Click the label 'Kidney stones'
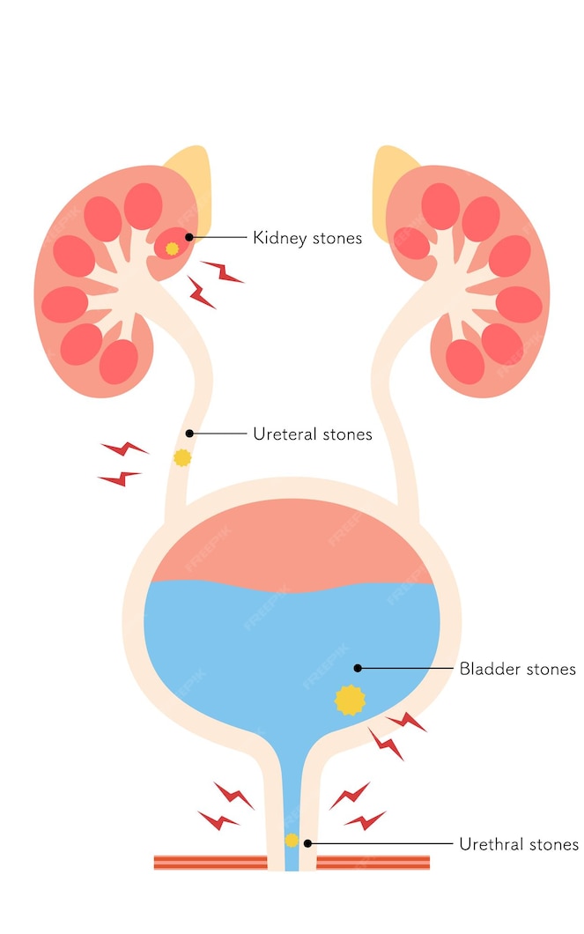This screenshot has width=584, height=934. (x=307, y=238)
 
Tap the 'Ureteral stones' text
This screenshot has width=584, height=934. (x=312, y=434)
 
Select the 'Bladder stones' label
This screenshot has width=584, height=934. (x=517, y=669)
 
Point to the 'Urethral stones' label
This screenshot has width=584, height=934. (x=519, y=844)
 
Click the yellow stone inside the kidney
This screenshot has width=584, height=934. (x=173, y=248)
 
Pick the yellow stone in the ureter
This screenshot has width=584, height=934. (x=182, y=457)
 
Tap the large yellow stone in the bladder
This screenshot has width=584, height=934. (x=350, y=700)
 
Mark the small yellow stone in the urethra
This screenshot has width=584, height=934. (x=292, y=840)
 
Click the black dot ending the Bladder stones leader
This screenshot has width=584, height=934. (x=358, y=669)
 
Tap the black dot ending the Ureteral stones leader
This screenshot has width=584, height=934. (x=189, y=434)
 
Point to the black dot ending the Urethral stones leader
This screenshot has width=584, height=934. (x=307, y=844)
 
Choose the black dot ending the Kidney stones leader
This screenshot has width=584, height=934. (x=189, y=238)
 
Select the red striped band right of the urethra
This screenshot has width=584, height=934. (x=373, y=862)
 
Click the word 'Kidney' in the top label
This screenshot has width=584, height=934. (x=277, y=238)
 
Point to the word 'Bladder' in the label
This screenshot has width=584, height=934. (x=490, y=669)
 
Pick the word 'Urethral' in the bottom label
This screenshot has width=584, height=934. (x=491, y=844)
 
